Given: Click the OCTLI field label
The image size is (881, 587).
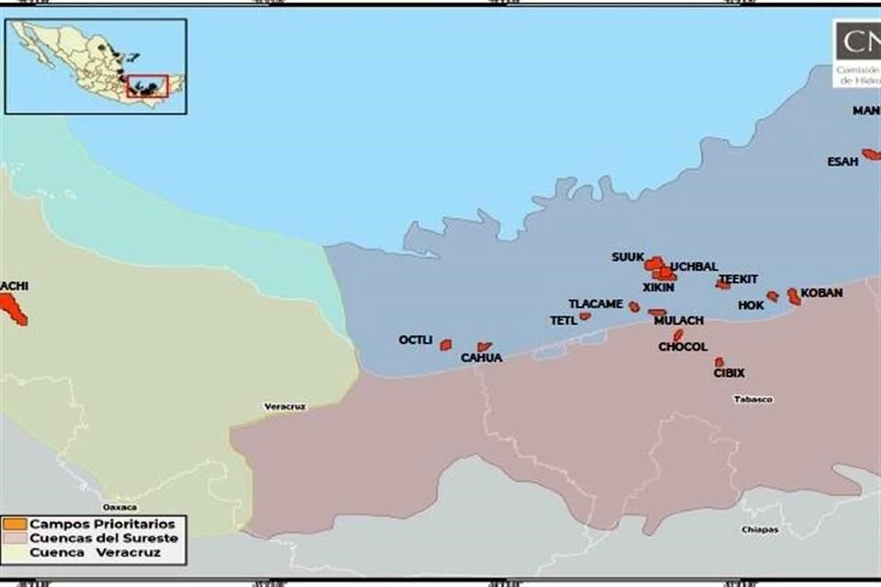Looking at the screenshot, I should [x=415, y=340].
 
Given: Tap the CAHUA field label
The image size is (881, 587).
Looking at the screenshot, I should [x=481, y=359].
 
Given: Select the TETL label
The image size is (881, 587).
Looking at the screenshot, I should [x=563, y=321].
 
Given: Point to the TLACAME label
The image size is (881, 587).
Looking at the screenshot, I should [x=596, y=304].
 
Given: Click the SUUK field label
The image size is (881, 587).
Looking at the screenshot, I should [x=628, y=258].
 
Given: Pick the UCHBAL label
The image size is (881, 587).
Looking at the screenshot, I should [x=694, y=267].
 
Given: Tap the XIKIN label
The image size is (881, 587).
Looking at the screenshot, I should [x=658, y=287].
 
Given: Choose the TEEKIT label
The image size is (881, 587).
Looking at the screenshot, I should [x=738, y=279].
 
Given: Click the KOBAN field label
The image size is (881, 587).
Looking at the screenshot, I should [x=821, y=293].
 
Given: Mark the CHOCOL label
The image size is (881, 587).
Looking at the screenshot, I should [x=683, y=348].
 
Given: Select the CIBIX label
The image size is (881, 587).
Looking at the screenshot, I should [x=729, y=373].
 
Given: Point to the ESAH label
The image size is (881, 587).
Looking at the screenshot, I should [x=842, y=162].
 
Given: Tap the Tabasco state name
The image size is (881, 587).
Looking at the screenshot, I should [x=753, y=400].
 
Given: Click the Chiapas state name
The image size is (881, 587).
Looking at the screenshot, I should [x=761, y=529].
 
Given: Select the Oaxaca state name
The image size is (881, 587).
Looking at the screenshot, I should [x=119, y=507].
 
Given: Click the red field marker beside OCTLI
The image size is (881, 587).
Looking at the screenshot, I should [x=445, y=345].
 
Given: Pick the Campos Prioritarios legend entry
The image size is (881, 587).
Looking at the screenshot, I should [x=101, y=524].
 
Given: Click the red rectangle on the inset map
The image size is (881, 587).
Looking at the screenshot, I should [x=147, y=86].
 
